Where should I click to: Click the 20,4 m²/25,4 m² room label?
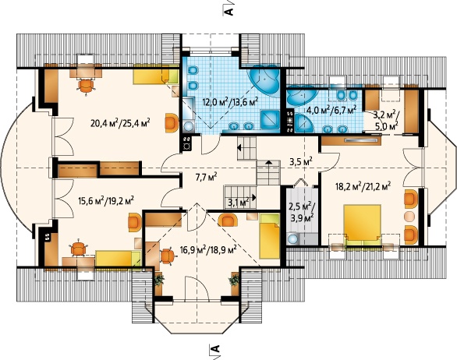120,123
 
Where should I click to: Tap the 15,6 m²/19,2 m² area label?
106,201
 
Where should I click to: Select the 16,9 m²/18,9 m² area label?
207,249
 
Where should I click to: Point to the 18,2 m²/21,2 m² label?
363,185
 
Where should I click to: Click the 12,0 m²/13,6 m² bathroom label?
230,102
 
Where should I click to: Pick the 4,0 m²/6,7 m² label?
331,111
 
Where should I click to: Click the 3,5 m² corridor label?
301,161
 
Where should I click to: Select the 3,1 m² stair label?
238,202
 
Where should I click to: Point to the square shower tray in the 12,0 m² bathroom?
270,119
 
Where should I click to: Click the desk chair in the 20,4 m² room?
87,86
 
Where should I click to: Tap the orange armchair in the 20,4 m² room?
172,123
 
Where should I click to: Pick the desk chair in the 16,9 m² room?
168,256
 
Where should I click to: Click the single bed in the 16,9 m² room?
270,236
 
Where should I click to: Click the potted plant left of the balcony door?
158,281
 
